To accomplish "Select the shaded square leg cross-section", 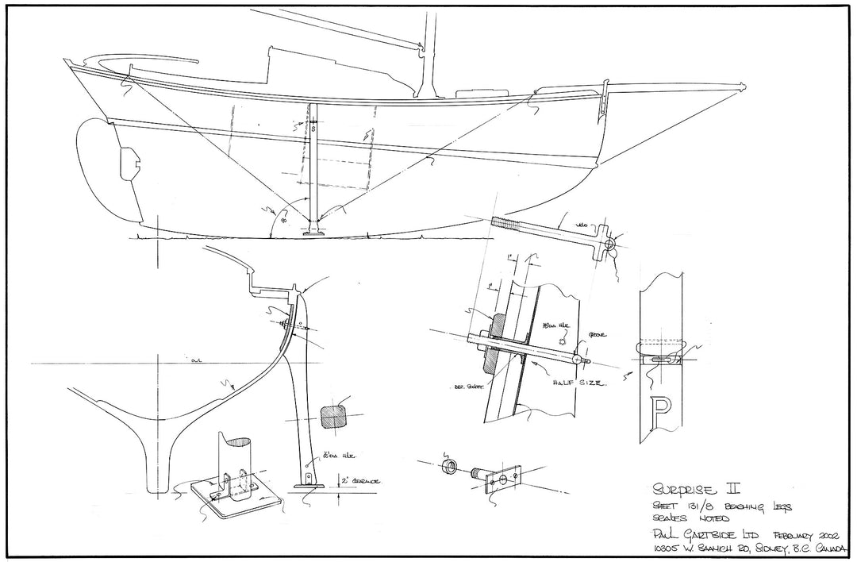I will coord(332,416).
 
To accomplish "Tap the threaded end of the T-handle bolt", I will coord(508,223).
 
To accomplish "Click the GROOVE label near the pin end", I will coord(598,336).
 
